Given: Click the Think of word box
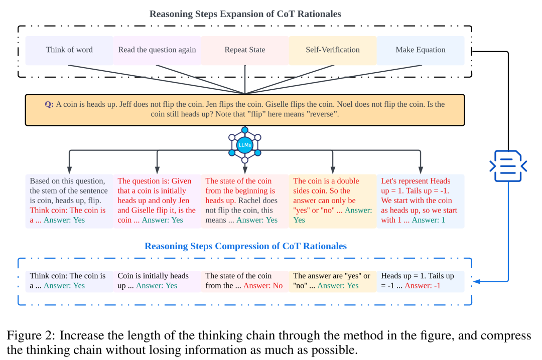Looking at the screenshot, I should point(69,50).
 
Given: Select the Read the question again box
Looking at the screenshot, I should point(157,50).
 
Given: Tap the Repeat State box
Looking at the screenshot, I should point(245,50).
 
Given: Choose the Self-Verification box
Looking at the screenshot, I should point(332,50).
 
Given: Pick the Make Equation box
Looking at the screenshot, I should point(421,50).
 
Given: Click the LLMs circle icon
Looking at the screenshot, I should point(245,145).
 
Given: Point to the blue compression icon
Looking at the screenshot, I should point(508,166).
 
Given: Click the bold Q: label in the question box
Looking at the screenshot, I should point(49,105).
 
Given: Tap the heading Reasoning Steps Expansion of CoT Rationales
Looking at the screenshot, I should point(245,14).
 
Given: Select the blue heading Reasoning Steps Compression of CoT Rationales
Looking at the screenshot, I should point(245,246).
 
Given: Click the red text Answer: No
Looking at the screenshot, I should point(262,286).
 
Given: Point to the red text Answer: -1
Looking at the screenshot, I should point(423,286).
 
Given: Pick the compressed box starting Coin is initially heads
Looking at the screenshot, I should point(157,281).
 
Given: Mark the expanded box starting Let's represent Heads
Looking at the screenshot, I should point(421,201).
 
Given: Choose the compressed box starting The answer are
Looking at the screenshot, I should point(332,281).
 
